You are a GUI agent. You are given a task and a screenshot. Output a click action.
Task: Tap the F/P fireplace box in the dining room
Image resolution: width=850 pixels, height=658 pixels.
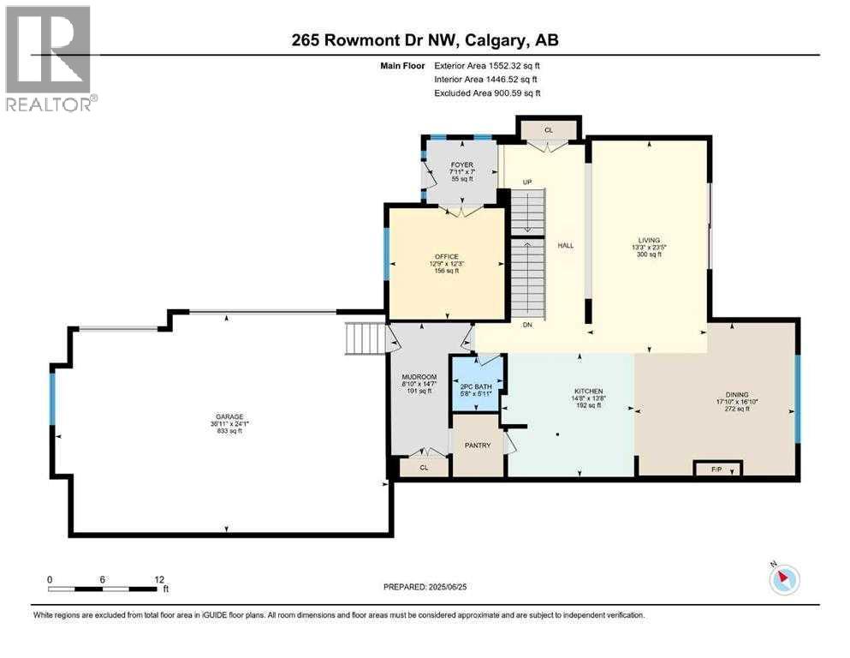[716, 469]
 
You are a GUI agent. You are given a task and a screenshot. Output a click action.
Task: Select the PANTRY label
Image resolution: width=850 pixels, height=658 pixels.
[476, 446]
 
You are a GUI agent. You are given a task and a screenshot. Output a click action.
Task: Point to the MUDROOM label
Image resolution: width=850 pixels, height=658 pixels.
[419, 377]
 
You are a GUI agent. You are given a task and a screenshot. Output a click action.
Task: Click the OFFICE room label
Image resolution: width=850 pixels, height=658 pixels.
[446, 256]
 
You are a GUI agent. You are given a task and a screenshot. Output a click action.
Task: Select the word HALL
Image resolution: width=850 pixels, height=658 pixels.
[566, 246]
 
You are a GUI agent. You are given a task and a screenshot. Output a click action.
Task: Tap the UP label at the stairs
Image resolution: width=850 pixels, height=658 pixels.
[527, 182]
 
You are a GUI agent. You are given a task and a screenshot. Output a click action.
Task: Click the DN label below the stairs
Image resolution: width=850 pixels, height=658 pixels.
[527, 325]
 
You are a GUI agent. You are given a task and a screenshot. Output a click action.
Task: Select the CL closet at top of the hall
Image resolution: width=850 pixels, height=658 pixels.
[549, 130]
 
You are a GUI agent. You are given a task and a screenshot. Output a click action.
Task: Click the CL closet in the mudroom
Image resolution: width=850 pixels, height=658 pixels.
[425, 469]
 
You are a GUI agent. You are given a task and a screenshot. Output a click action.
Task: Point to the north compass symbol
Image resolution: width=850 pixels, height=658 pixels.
[783, 580]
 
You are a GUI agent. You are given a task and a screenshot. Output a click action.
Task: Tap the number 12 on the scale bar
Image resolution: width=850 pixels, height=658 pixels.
[158, 579]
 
